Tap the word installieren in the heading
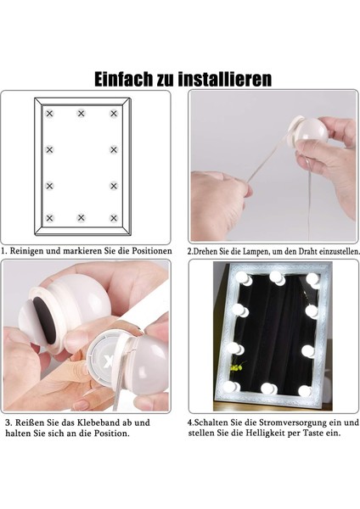tap(228, 79)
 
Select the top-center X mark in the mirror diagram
tap(82, 113)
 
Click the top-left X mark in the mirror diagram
tap(49, 113)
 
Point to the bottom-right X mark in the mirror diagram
tap(113, 218)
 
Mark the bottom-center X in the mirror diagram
tap(82, 218)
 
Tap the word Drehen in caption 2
tap(208, 252)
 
